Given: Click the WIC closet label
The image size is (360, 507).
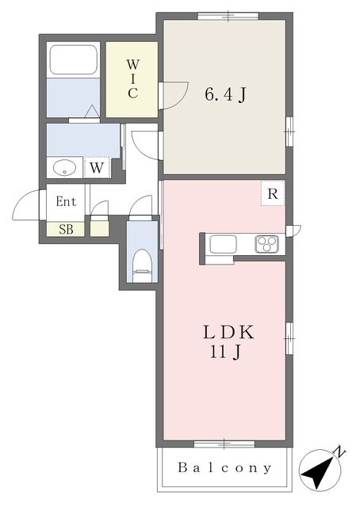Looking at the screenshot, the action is click(132, 79).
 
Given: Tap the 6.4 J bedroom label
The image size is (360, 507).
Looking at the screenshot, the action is click(226, 94).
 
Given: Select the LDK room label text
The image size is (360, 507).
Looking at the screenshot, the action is click(228, 332).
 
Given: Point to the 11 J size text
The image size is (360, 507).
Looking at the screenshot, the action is click(226, 352).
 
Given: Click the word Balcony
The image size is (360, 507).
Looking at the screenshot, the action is click(224, 467).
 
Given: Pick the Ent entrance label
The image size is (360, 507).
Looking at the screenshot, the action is click(66, 201).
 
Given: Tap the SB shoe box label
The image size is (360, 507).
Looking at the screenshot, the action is click(66, 229).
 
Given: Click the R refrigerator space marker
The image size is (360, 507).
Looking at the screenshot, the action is click(273, 194).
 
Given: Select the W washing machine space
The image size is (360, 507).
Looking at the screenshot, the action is click(97, 167).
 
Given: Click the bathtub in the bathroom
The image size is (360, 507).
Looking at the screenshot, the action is click(73, 60).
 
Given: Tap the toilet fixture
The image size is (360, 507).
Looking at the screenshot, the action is click(143, 265).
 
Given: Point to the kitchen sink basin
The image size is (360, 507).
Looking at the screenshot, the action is click(223, 245).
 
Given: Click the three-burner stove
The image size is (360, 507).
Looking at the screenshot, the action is click(266, 244).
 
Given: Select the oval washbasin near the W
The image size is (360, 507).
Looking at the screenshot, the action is click(65, 168).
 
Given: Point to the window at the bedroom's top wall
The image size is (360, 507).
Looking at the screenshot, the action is click(228, 16).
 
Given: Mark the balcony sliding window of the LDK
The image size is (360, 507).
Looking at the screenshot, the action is click(224, 444).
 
